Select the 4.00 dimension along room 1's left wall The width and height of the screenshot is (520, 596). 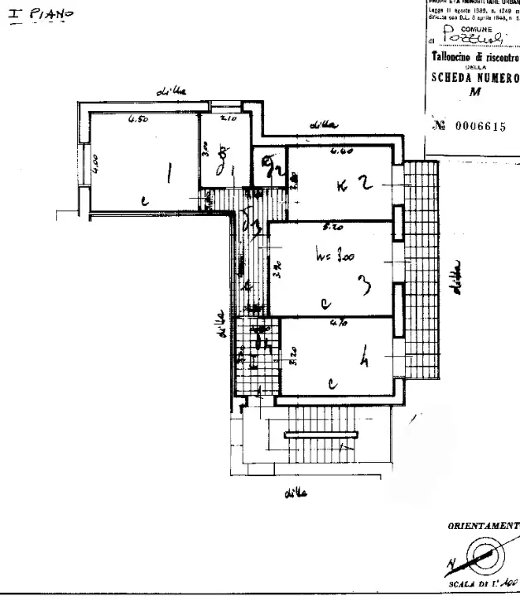(95, 163)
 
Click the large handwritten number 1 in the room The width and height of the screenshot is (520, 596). (170, 173)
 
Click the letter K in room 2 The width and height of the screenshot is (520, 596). (342, 186)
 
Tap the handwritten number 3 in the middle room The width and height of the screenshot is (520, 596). (364, 286)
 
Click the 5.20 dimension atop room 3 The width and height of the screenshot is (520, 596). (333, 226)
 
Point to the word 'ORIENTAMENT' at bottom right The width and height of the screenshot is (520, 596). (483, 526)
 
